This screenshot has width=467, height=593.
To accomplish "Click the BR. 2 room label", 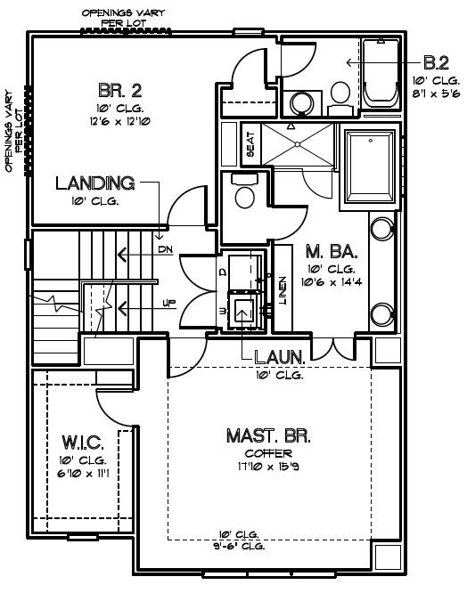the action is (120, 91).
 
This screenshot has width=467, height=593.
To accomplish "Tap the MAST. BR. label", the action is (268, 436).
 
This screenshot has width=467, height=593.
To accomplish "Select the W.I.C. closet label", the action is (83, 443).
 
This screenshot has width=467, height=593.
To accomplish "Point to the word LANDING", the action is (95, 183).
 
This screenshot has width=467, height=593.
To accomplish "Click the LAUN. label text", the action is (279, 357).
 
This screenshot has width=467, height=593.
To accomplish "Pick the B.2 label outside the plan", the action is (436, 63).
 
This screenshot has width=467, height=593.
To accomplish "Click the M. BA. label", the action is (332, 251).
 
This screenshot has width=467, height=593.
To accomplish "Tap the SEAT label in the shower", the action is (250, 144).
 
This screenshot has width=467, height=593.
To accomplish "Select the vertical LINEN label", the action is (283, 290).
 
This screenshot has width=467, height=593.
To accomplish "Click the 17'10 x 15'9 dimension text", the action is (268, 467).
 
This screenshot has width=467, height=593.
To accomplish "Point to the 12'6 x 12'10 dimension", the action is (120, 122).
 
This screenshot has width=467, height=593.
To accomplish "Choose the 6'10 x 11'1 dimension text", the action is (83, 473).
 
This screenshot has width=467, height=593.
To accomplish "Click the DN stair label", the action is (166, 249).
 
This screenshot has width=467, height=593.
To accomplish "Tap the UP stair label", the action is (168, 304).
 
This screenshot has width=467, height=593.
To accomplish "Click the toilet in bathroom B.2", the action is (340, 98).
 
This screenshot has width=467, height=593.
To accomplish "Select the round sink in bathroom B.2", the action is (302, 102).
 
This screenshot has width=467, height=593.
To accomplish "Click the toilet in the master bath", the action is (244, 191).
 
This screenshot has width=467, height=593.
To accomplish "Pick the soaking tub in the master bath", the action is (371, 167).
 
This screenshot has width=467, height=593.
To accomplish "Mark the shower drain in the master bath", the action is (298, 144).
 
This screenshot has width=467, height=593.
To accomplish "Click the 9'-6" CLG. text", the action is (239, 546).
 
